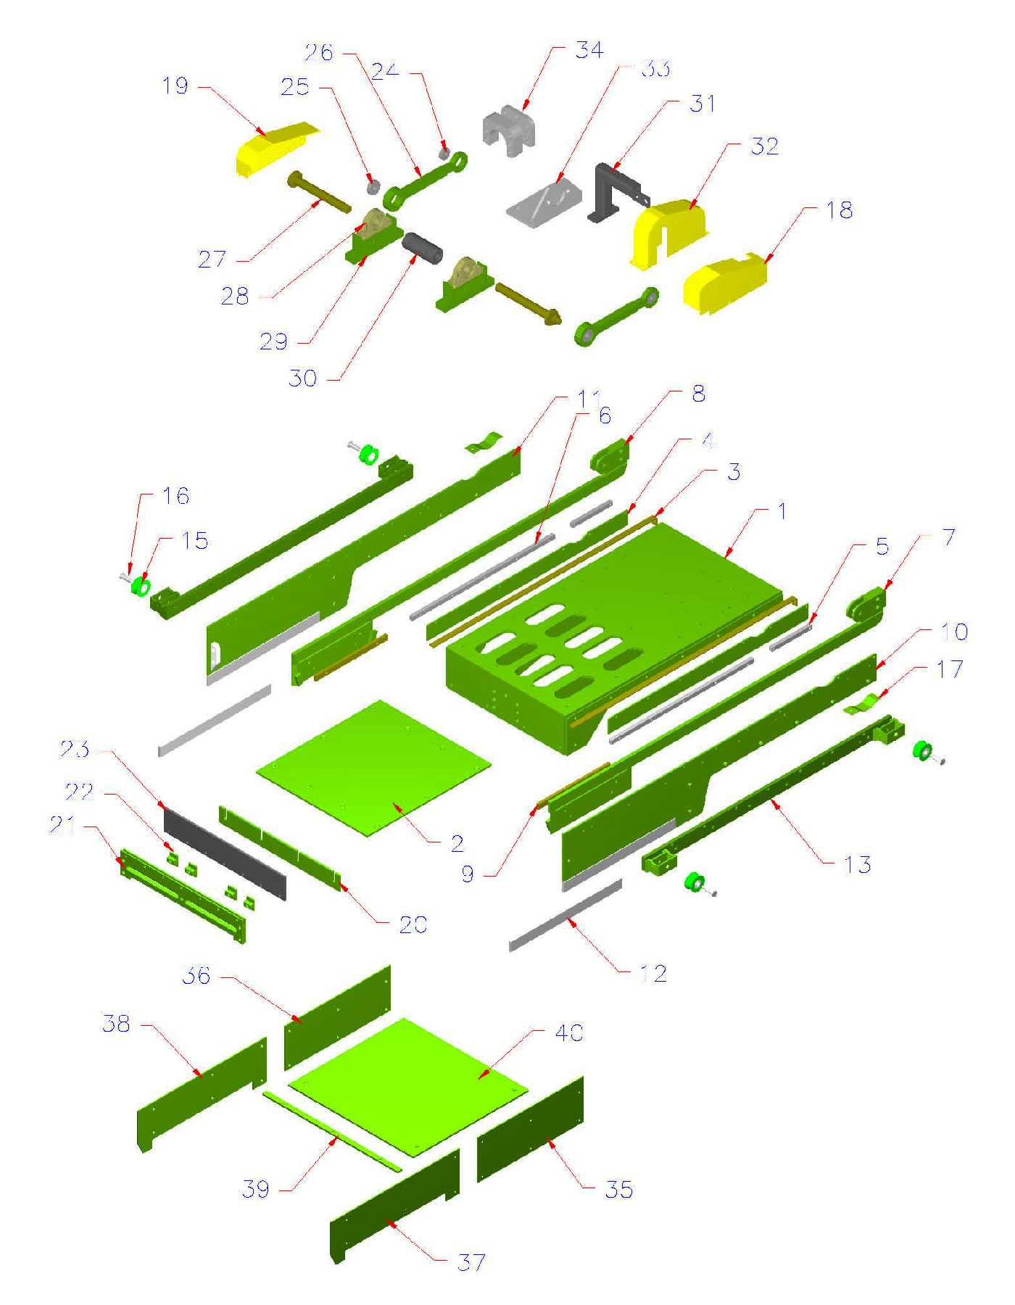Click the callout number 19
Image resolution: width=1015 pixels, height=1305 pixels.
click(x=175, y=86)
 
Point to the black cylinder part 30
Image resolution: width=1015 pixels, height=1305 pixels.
click(x=423, y=249)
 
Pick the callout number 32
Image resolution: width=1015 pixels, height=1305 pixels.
click(x=764, y=146)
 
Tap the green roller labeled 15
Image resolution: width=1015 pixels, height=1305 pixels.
click(x=139, y=584)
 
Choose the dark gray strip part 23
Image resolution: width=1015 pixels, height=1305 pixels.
click(x=225, y=852)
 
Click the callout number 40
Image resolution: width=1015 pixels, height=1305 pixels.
click(x=568, y=1032)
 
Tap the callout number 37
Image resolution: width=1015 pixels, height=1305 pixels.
click(x=471, y=1262)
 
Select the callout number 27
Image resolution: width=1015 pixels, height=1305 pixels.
click(x=212, y=259)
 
